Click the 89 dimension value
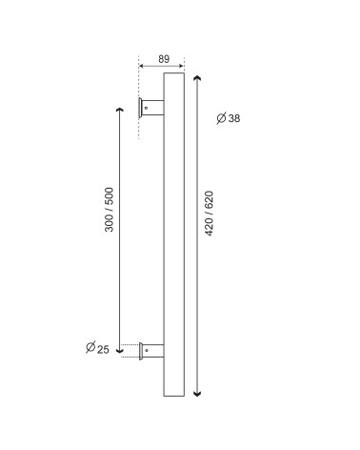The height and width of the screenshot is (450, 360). click(164, 59)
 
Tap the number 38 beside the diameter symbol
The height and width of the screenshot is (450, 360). click(234, 118)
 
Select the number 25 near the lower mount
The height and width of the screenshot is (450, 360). click(103, 350)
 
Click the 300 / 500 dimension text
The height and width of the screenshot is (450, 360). click(109, 210)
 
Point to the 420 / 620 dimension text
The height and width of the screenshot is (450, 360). click(209, 214)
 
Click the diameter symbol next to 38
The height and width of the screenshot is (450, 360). click(221, 118)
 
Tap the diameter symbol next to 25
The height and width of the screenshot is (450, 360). click(90, 347)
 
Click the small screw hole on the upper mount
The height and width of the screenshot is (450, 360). click(146, 108)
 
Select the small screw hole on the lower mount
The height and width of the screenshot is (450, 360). click(147, 351)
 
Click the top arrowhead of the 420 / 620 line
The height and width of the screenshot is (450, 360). click(197, 78)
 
